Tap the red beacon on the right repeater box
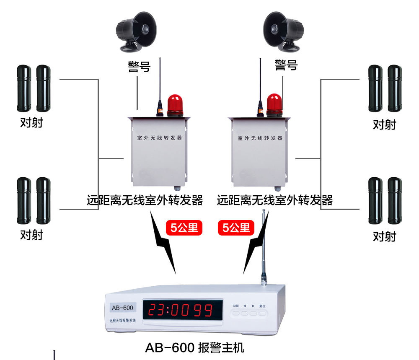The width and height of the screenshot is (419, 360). (x=274, y=104)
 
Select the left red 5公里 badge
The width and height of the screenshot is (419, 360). (x=184, y=228)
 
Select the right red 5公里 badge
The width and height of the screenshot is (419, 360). (x=236, y=228)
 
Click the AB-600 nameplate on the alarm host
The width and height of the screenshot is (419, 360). (x=122, y=308)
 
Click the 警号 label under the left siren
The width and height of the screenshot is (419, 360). (x=139, y=67)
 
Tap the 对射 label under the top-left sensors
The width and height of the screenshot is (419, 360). (x=31, y=123)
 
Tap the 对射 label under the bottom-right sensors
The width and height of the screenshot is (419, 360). (x=384, y=237)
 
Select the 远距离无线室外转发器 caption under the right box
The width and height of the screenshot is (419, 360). (x=274, y=200)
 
